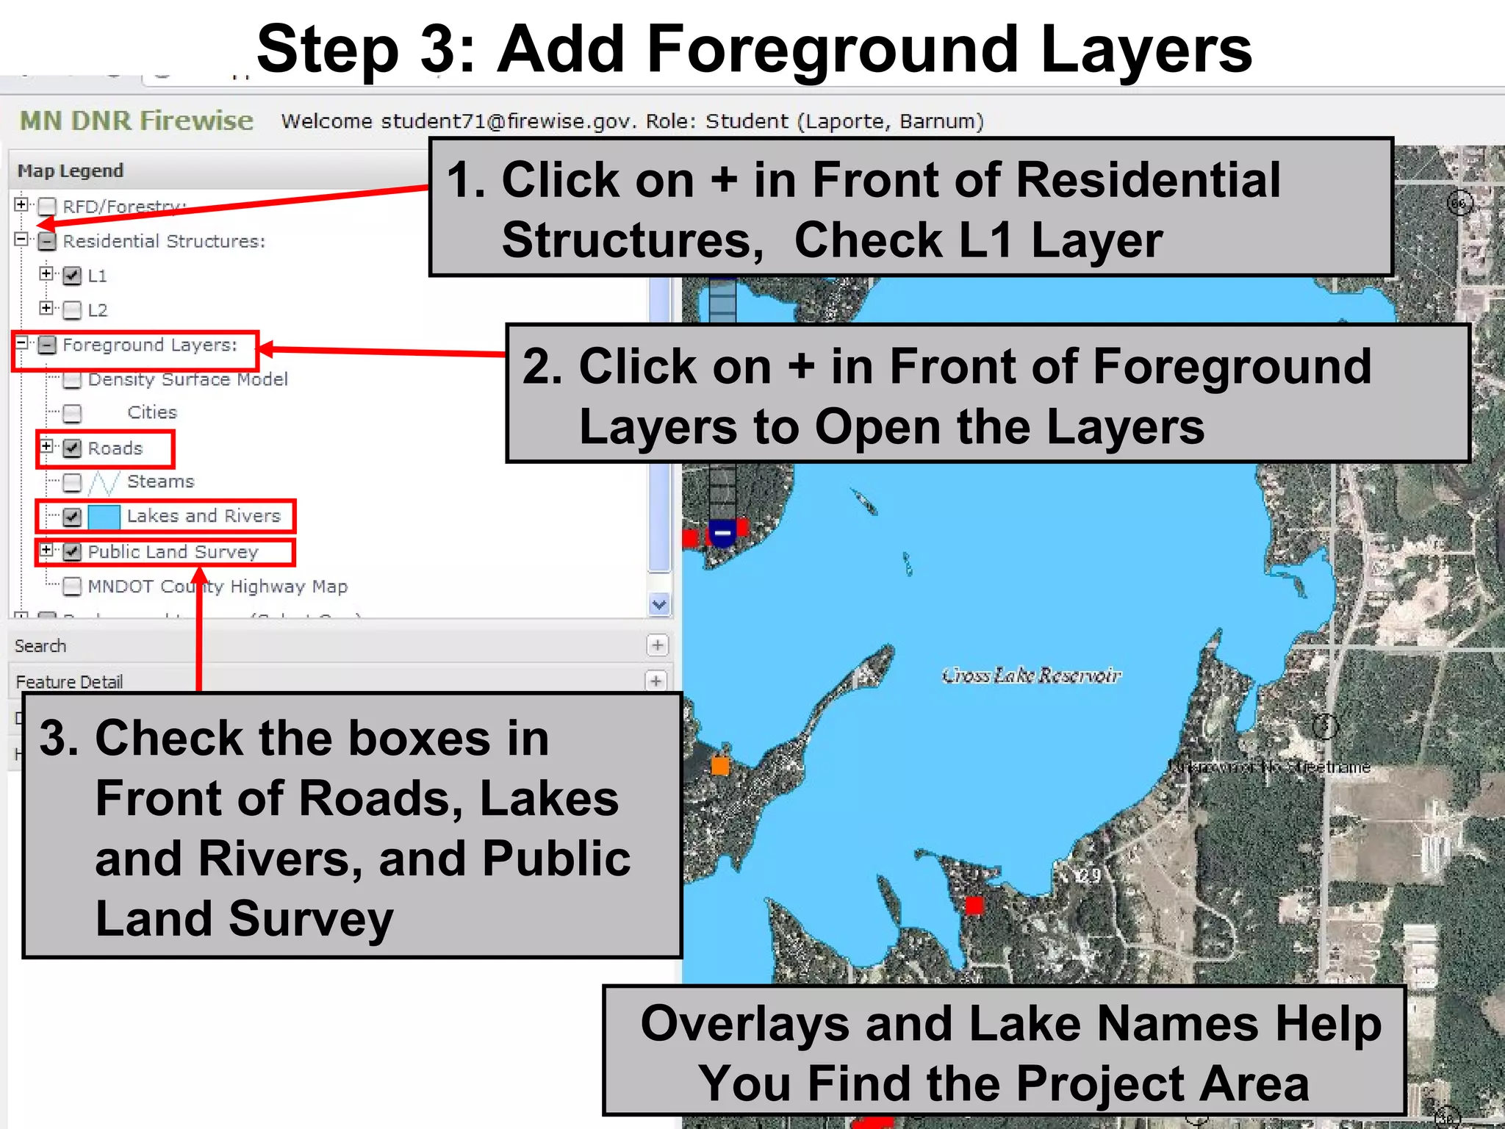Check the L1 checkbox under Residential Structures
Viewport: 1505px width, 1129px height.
[x=72, y=276]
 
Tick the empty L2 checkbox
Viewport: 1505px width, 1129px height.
[x=72, y=310]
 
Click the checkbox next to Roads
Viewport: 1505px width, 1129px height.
[x=72, y=448]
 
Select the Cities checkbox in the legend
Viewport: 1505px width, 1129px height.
[x=72, y=414]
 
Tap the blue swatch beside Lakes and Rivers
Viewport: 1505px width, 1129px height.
[x=104, y=517]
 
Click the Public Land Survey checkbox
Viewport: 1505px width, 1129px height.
[x=72, y=552]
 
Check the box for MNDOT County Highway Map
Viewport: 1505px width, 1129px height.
[x=72, y=587]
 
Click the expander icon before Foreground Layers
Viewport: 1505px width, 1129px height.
[x=22, y=343]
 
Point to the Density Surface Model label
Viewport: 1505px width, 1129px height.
[x=187, y=379]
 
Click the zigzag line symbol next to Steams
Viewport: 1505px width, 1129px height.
[x=103, y=483]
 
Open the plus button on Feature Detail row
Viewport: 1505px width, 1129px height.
[x=656, y=681]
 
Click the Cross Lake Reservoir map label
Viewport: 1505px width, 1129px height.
[x=1031, y=675]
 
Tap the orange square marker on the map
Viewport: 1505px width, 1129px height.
[x=720, y=766]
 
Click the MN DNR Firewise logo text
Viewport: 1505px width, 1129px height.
[x=137, y=121]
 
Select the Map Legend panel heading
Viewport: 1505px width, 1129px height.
[x=71, y=171]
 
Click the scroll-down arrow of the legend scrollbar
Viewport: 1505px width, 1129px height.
[x=659, y=604]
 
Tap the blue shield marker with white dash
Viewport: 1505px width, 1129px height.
[x=722, y=533]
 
